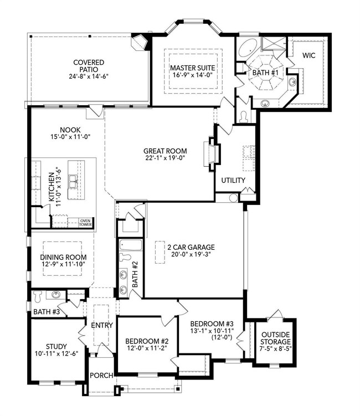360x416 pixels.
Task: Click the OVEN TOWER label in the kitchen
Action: (86, 223)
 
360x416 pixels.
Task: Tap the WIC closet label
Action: (309, 55)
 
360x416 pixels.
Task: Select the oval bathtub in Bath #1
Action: (248, 48)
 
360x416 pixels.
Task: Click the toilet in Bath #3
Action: (38, 296)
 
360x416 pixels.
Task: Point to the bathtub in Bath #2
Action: (130, 245)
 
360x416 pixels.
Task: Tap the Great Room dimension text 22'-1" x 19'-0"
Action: (165, 158)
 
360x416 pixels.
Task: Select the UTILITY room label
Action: (233, 181)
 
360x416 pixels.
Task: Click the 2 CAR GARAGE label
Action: (191, 247)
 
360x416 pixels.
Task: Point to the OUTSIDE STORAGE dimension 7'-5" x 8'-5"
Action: (275, 348)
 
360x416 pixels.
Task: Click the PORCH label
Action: (101, 376)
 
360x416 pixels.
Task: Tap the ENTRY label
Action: (102, 325)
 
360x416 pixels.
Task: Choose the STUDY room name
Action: (56, 347)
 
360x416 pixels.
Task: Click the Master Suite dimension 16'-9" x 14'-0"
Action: (193, 75)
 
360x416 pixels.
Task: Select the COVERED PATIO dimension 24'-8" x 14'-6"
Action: (89, 76)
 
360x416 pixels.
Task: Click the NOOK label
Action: (70, 130)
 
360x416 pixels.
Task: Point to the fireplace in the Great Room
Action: (212, 154)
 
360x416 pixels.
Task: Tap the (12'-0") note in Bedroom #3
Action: (222, 337)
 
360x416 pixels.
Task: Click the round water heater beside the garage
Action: (233, 198)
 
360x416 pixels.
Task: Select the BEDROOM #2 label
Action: (147, 341)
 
